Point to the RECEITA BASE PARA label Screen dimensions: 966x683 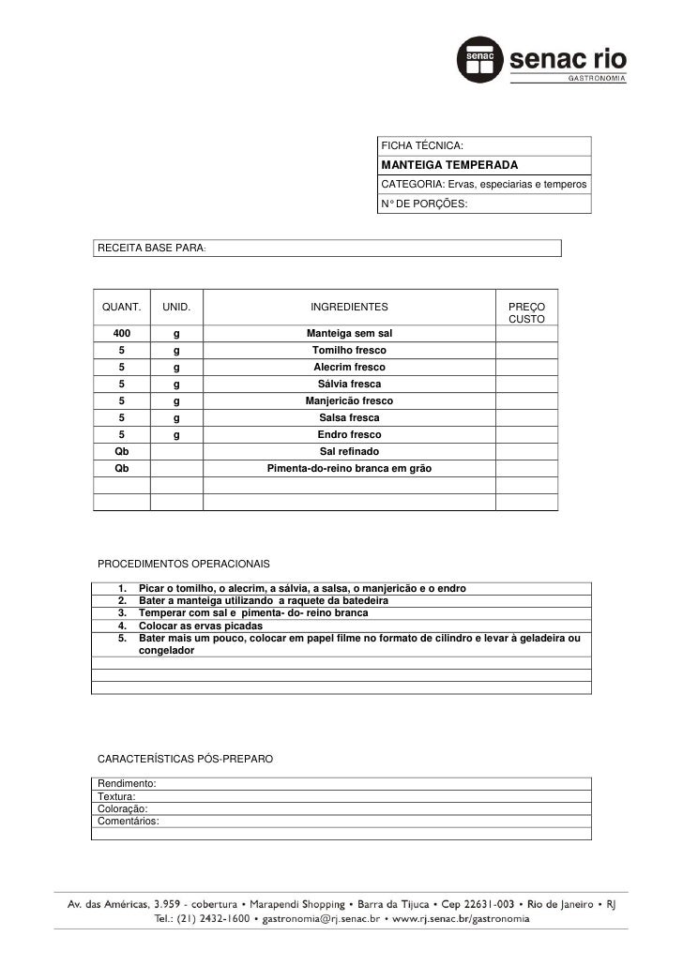click(151, 248)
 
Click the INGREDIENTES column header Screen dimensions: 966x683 click(349, 307)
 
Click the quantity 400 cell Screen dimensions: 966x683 click(122, 334)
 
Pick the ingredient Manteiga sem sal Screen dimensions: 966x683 click(349, 334)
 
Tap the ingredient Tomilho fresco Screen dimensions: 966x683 click(349, 351)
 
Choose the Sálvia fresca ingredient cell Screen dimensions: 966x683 click(349, 385)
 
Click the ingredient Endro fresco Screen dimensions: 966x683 click(349, 435)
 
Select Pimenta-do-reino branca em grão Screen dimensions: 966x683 click(349, 468)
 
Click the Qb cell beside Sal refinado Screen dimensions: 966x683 click(122, 451)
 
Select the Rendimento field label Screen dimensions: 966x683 click(128, 783)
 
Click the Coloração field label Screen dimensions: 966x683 click(123, 808)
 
